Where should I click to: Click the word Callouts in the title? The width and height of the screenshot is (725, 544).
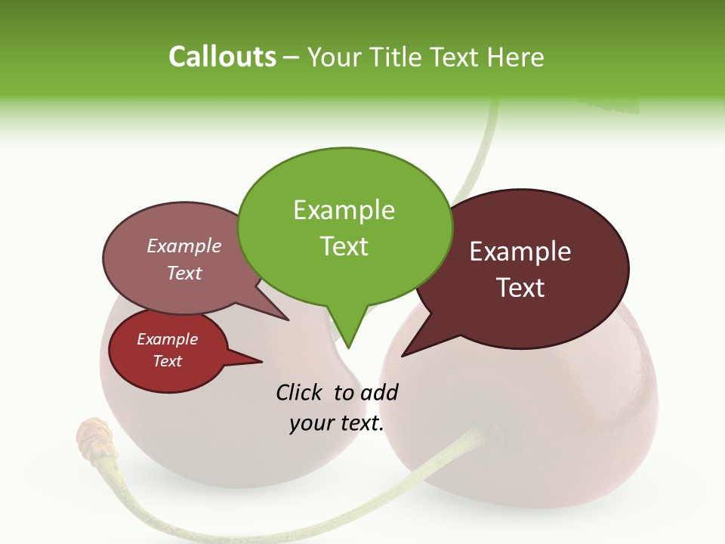[x=222, y=57]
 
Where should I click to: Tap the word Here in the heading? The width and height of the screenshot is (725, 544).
[x=516, y=57]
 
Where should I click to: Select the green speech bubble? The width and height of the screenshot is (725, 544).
[x=344, y=227]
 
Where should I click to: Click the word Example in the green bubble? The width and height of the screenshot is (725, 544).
[x=344, y=209]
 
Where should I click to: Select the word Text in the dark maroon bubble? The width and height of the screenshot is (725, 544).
[x=520, y=288]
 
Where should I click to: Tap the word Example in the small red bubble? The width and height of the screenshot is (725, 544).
[x=167, y=339]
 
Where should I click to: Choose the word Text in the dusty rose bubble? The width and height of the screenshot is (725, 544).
[x=184, y=273]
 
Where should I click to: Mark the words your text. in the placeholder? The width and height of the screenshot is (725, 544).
[x=337, y=424]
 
